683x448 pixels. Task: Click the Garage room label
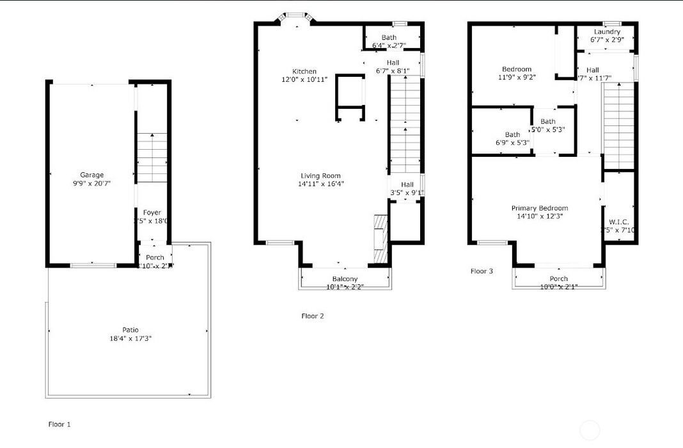(91, 175)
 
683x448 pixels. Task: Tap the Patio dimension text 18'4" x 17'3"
(130, 338)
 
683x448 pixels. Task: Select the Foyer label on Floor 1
(152, 212)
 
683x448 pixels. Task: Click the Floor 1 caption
(59, 424)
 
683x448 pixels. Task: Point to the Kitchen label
(304, 71)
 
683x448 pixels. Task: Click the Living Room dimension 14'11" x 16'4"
(320, 184)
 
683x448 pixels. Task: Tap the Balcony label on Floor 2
(345, 278)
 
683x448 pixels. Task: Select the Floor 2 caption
(313, 316)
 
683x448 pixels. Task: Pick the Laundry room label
(607, 32)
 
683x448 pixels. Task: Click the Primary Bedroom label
(539, 208)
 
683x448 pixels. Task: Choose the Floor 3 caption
(482, 271)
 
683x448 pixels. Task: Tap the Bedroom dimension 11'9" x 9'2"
(517, 77)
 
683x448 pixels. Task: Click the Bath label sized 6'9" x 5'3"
(512, 134)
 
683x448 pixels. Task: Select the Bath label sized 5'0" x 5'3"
(547, 122)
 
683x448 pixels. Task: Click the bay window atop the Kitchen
(295, 16)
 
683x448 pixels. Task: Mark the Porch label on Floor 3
(558, 278)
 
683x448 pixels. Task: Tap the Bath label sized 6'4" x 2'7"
(389, 38)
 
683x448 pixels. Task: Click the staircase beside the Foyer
(152, 157)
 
